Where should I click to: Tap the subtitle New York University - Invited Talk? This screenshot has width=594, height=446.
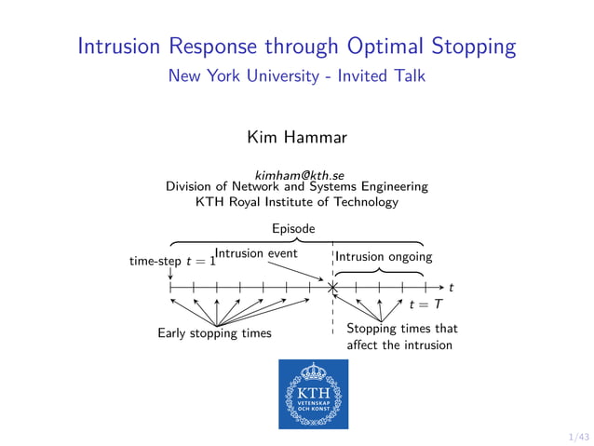pos(296,76)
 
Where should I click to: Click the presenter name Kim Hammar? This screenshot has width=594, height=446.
pos(296,138)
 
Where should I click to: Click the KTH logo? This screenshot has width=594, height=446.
pos(313,394)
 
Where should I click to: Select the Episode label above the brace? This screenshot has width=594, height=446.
pos(293,228)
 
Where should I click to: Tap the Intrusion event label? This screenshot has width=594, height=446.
pos(257,252)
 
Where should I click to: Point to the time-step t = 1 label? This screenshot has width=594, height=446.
pos(173,262)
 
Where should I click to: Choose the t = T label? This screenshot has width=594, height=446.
pos(425,304)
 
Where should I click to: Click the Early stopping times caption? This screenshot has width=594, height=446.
pos(214,332)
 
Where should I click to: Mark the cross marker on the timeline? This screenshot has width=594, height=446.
pos(332,288)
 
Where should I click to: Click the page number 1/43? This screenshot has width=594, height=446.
pos(578,436)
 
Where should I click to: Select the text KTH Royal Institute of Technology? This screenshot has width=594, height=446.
pos(296,201)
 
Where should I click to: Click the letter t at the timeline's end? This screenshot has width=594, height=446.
pos(451,288)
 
